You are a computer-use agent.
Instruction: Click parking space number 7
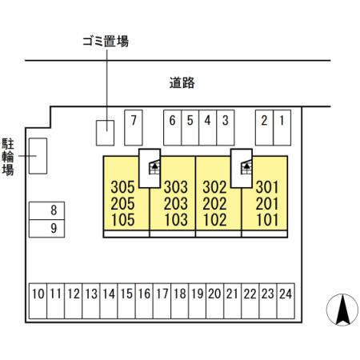(x=134, y=128)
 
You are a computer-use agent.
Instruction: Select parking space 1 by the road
(x=282, y=128)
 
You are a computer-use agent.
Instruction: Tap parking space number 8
(x=46, y=210)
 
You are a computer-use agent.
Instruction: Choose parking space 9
(x=46, y=229)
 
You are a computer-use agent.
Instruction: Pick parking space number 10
(x=38, y=301)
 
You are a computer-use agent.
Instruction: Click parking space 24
(x=286, y=301)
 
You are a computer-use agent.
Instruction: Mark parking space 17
(x=162, y=301)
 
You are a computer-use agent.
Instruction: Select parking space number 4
(x=208, y=128)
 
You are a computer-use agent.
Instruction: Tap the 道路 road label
(x=182, y=83)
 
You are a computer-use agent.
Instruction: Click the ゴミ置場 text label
(x=106, y=42)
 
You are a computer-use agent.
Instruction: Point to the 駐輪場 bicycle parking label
(x=8, y=157)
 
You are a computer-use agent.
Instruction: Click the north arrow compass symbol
(x=342, y=310)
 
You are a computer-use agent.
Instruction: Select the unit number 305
(x=122, y=187)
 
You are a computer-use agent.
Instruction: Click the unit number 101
(x=267, y=220)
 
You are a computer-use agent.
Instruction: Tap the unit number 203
(x=176, y=204)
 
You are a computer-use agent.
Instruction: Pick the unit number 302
(x=214, y=187)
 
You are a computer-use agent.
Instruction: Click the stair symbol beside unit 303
(x=154, y=167)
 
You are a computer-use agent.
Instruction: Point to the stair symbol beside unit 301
(x=246, y=167)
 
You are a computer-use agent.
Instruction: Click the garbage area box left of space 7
(x=105, y=133)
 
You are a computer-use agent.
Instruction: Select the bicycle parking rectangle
(x=38, y=156)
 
